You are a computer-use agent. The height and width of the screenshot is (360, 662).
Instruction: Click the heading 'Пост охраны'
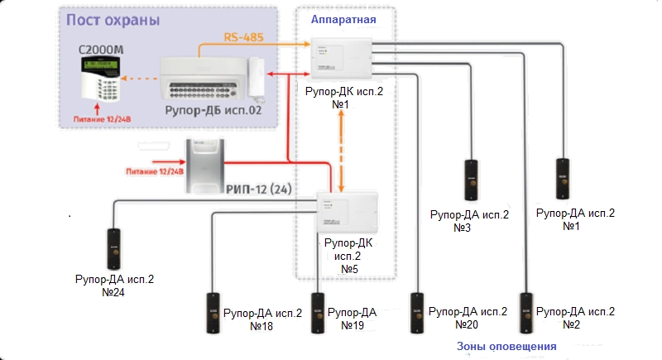pos(113,19)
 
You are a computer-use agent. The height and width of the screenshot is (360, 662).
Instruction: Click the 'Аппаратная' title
pos(343,19)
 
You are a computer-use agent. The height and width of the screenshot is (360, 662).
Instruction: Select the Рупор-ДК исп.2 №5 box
pos(348,213)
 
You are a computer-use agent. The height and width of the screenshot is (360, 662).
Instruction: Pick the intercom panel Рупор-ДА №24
pos(114,248)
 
